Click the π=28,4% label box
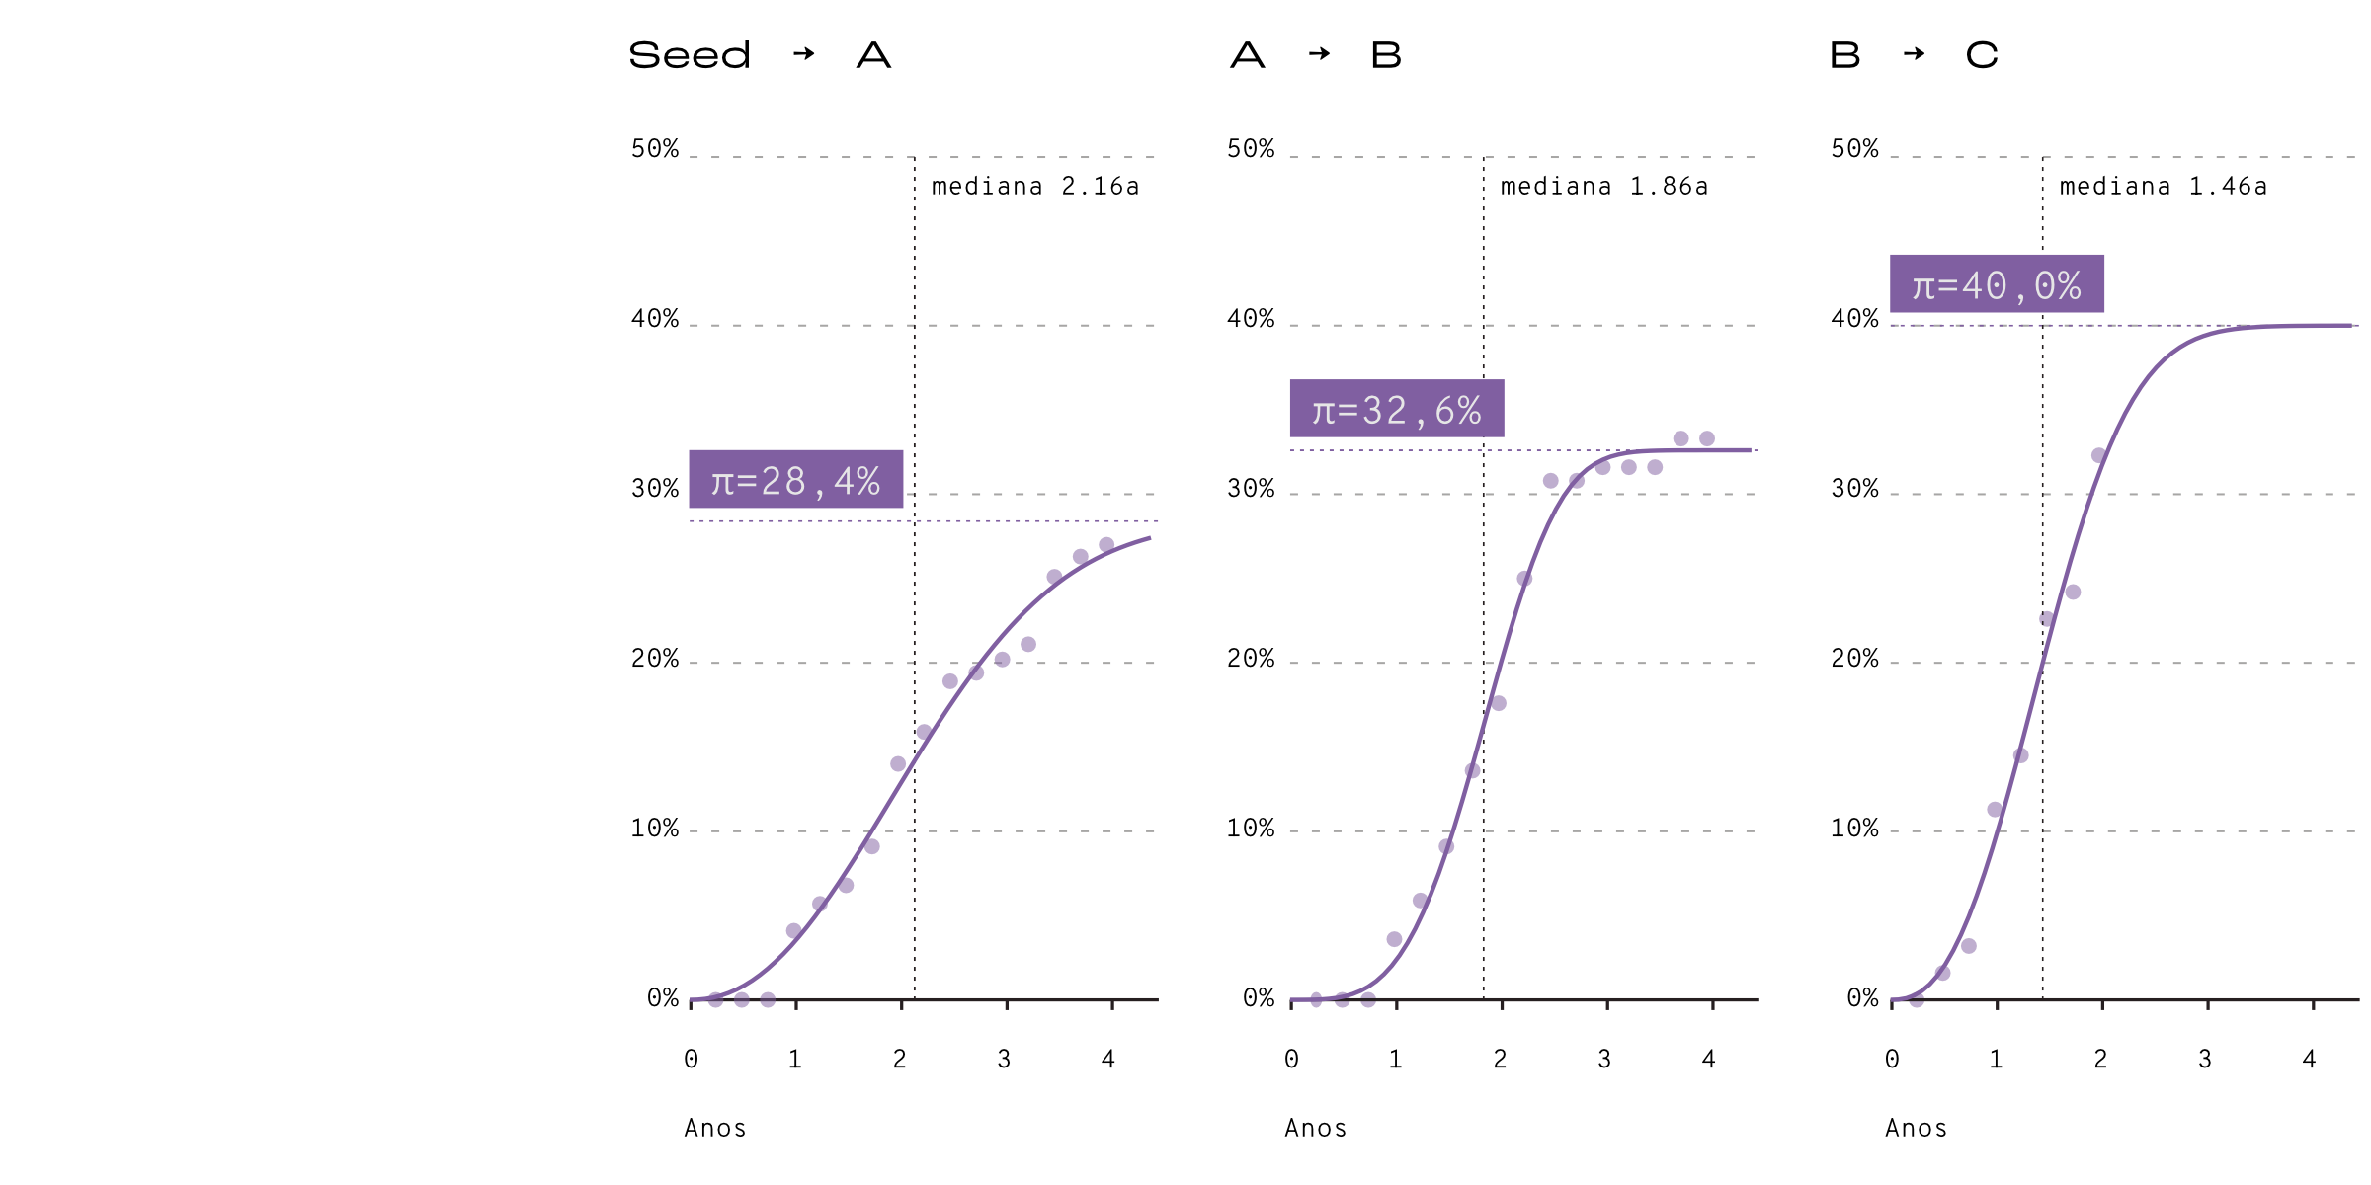796,479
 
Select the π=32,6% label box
1397,408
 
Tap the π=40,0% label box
1997,283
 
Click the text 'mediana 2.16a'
1035,186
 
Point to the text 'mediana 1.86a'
1604,186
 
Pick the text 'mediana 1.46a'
2164,186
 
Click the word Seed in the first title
690,55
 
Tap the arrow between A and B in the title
1319,53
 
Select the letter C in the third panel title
1982,55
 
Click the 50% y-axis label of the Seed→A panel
655,148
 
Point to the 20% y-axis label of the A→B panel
1251,658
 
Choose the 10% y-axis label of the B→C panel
1854,828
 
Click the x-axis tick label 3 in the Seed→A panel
1004,1059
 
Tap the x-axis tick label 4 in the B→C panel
2309,1059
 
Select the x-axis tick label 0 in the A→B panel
1291,1059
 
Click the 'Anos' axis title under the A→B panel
1316,1128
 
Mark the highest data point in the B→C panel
2098,455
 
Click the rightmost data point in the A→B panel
1707,438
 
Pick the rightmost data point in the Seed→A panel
1106,545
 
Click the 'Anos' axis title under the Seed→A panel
715,1128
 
